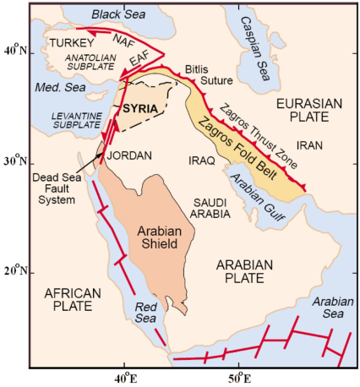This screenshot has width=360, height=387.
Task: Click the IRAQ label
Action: click(x=200, y=158)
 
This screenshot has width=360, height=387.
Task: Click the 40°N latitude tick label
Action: click(x=16, y=52)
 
